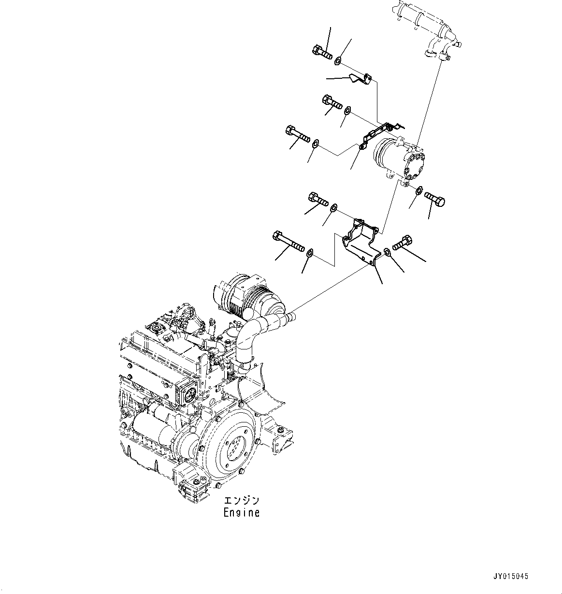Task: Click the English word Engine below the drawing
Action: click(x=241, y=513)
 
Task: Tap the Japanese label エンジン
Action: click(x=241, y=501)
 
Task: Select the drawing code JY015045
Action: click(x=511, y=577)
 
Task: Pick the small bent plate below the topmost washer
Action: click(x=360, y=79)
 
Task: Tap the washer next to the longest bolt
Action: click(x=311, y=251)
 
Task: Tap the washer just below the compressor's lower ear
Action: click(x=419, y=190)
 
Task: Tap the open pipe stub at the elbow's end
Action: click(x=290, y=318)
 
